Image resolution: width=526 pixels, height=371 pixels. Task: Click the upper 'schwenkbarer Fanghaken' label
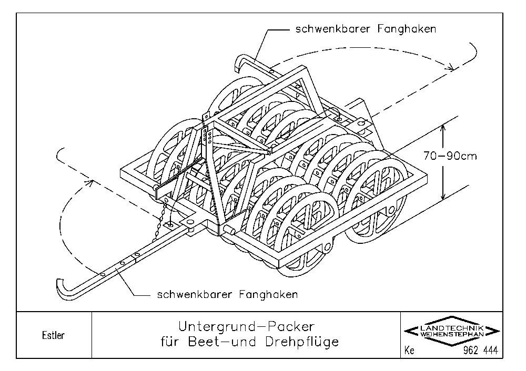[366, 29]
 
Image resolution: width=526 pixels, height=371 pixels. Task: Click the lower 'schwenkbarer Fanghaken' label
[227, 295]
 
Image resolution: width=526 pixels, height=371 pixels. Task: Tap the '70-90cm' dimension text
[450, 156]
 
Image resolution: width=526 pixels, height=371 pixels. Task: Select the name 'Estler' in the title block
[53, 335]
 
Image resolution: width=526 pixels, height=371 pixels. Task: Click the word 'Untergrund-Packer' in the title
[246, 326]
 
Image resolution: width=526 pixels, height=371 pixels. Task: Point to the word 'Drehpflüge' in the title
[302, 342]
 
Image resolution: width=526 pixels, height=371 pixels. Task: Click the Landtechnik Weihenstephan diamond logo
[451, 331]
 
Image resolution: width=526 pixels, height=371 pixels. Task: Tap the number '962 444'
[480, 351]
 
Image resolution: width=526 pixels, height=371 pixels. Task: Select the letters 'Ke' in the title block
[410, 351]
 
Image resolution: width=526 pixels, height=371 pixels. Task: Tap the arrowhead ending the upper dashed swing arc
[450, 67]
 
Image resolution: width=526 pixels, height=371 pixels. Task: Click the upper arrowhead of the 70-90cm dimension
[443, 129]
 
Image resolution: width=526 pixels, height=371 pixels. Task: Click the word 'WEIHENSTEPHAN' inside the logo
[452, 334]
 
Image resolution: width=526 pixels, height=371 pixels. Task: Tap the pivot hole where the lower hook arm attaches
[190, 222]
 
